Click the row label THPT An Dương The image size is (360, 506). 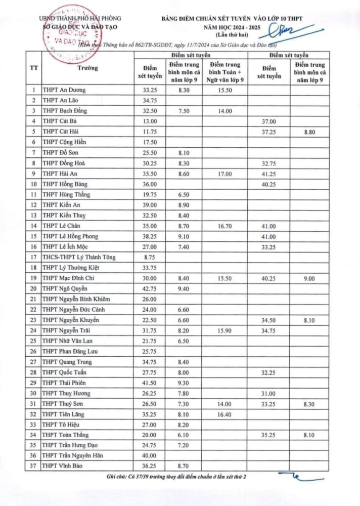(x=64, y=90)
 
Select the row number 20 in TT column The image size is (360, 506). (x=33, y=288)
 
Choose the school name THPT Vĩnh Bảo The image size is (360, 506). (x=63, y=466)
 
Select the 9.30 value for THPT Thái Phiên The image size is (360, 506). (x=185, y=382)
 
